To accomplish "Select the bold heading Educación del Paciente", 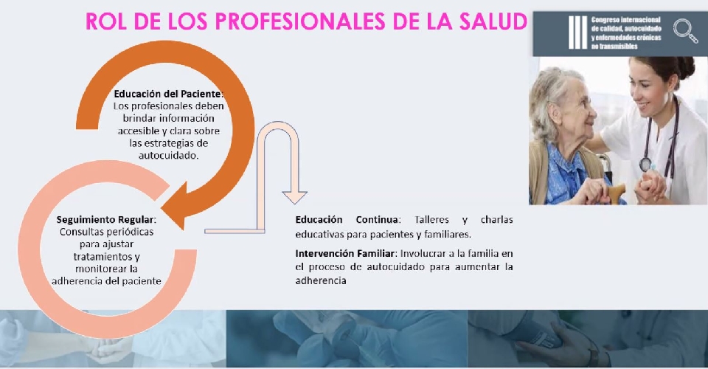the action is [x=168, y=94].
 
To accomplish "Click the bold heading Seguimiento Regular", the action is [x=105, y=219].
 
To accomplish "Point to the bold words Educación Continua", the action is [x=347, y=219].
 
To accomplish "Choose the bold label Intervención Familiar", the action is [x=345, y=253].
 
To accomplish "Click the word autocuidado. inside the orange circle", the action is [x=168, y=156].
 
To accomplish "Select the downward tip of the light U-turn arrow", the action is [x=294, y=202].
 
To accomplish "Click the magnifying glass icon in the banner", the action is [x=685, y=31].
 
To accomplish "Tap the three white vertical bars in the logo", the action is [x=577, y=32].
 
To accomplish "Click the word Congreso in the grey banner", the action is [x=605, y=20].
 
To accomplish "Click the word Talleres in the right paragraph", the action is [x=431, y=219].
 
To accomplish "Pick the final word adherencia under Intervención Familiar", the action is [x=321, y=280].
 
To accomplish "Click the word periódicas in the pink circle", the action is [x=130, y=232].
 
